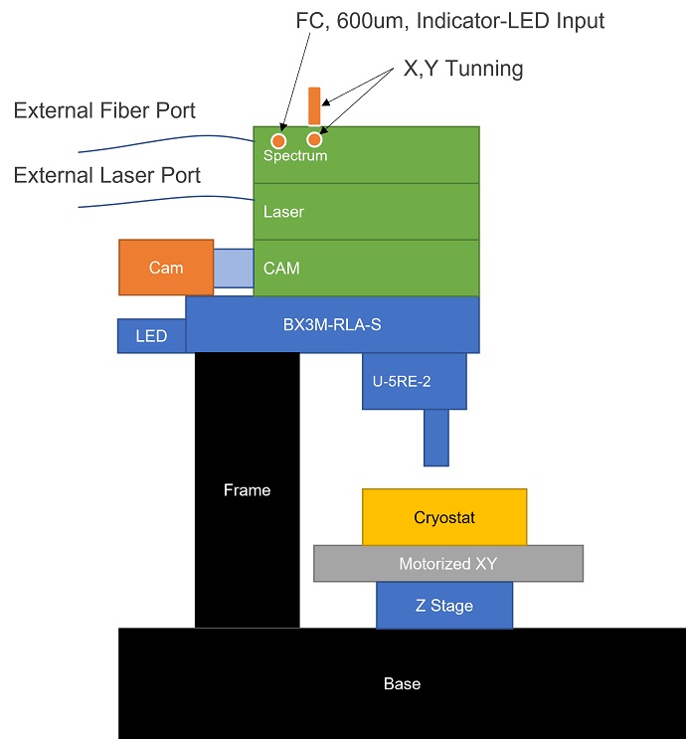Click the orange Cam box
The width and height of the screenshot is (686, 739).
point(166,268)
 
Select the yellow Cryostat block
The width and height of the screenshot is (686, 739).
point(444,517)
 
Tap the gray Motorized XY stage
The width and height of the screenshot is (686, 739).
point(447,563)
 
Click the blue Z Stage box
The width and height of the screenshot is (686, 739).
point(443,605)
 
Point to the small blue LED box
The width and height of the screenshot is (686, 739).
point(151,336)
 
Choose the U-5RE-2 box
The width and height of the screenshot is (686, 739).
point(415,381)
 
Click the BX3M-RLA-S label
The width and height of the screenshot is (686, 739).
point(332,323)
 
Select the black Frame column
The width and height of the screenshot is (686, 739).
point(247,489)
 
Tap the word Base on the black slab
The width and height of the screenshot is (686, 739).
point(402,684)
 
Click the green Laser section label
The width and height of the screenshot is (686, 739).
point(283,212)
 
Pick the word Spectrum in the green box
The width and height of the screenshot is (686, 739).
point(295,156)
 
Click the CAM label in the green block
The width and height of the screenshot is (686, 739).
point(281,269)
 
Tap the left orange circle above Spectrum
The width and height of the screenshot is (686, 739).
point(279,140)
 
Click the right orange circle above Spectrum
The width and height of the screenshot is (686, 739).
point(315,139)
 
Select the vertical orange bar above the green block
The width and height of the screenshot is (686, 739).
point(314,105)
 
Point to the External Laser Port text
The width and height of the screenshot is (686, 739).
point(107,176)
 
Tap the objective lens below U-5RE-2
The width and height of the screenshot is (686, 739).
point(435,438)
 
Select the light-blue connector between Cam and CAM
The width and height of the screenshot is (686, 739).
point(234,268)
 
